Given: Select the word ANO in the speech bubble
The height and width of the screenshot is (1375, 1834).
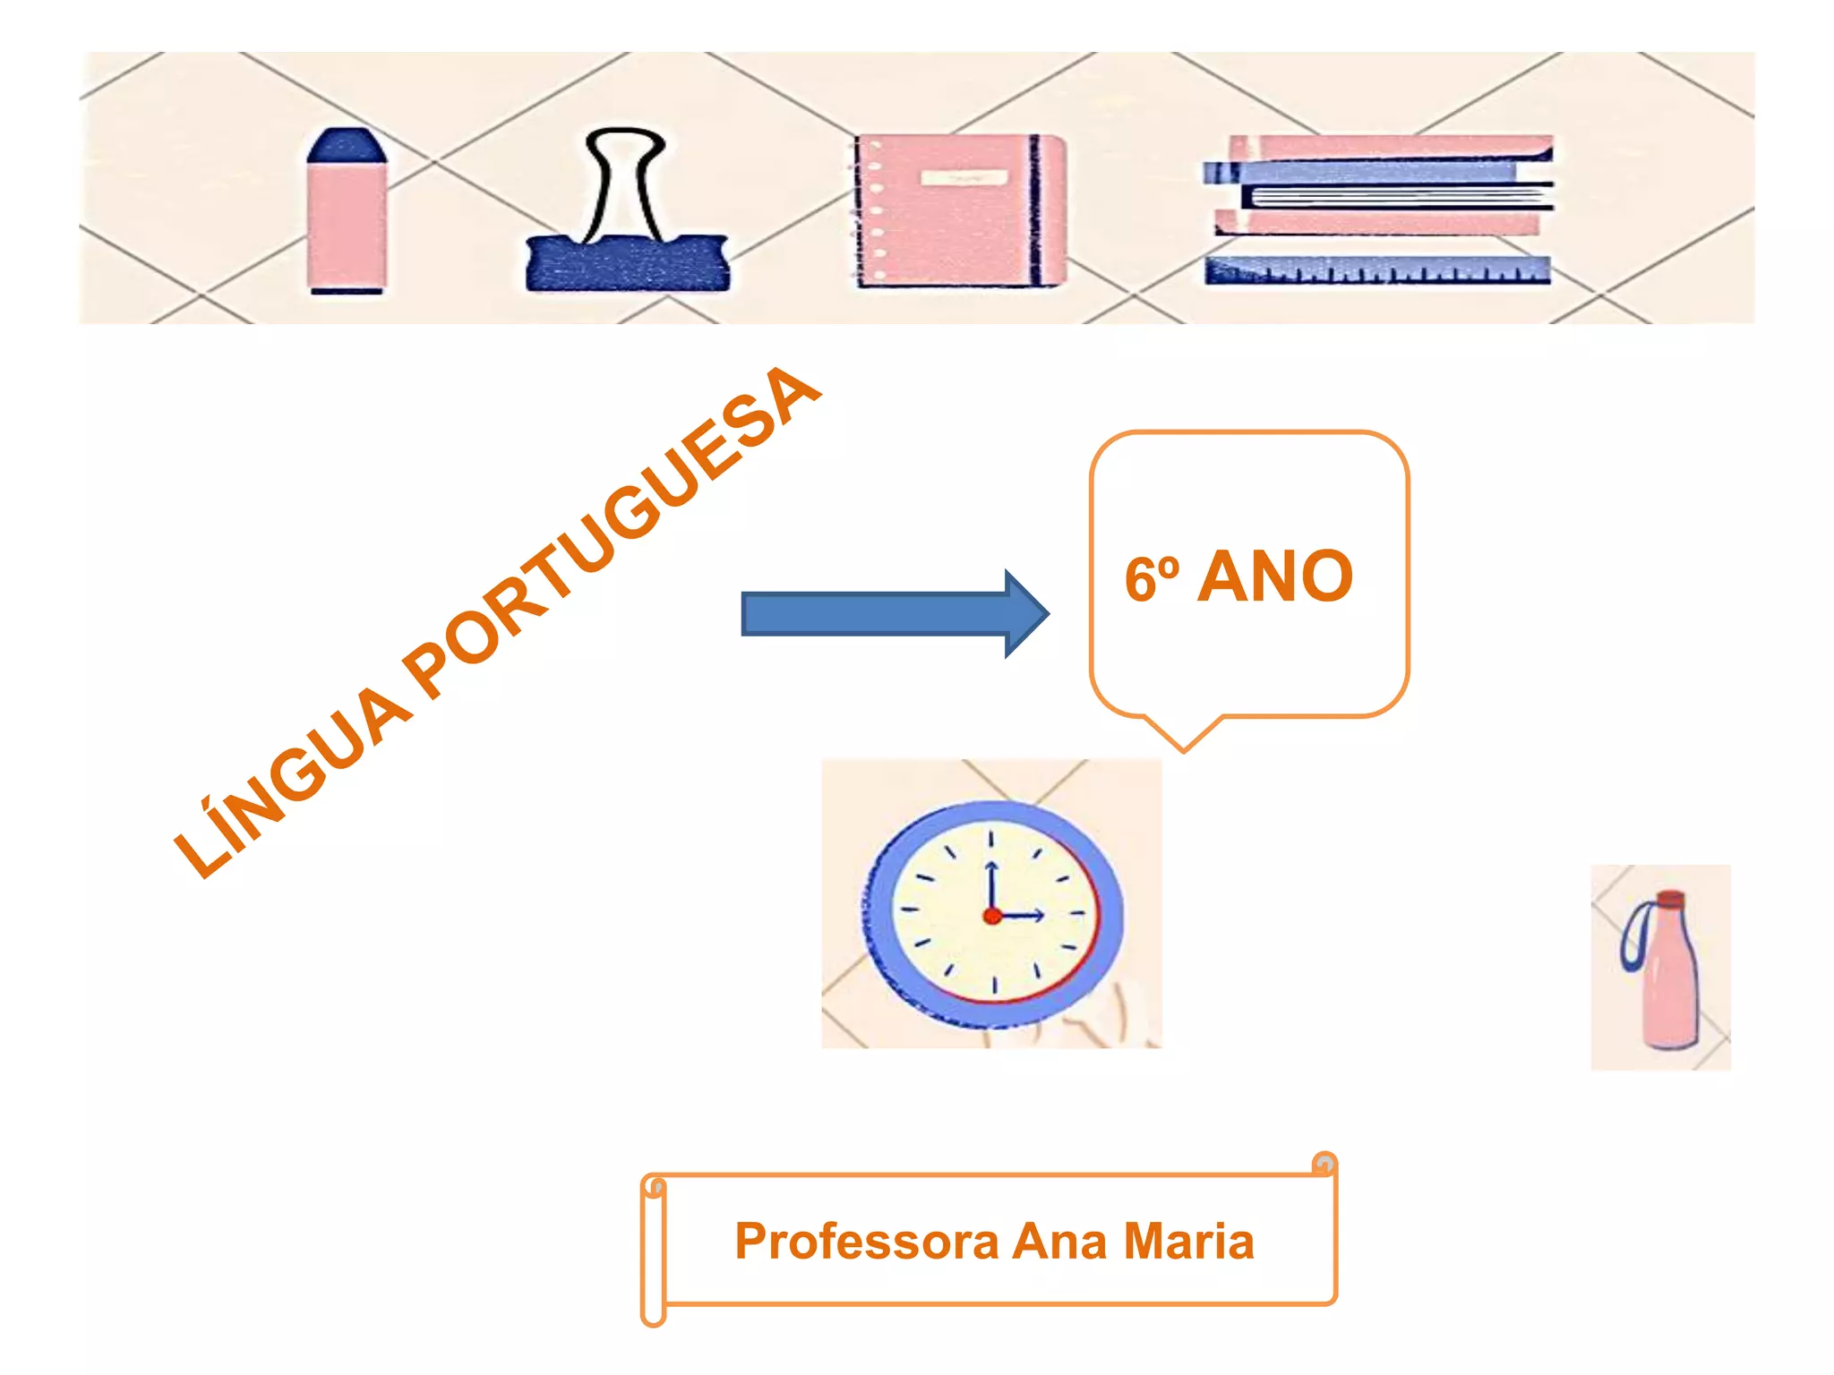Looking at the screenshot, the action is [x=1275, y=578].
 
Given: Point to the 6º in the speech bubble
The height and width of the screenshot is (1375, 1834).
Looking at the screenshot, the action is [x=1152, y=580].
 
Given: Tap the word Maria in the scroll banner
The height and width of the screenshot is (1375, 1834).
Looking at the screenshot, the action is [x=1188, y=1243].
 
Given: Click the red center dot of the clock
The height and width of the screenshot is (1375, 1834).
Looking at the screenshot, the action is [x=992, y=916].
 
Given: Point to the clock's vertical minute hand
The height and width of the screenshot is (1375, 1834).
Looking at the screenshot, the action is [x=991, y=886].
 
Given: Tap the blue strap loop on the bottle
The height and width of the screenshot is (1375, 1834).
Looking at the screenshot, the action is [x=1633, y=935].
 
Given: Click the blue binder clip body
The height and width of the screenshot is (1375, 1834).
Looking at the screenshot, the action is [x=627, y=263].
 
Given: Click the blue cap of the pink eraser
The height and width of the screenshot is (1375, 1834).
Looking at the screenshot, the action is [x=347, y=145].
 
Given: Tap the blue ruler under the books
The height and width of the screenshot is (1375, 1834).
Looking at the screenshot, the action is [x=1376, y=270].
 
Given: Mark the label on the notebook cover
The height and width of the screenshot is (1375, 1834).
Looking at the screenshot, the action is [x=964, y=178].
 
